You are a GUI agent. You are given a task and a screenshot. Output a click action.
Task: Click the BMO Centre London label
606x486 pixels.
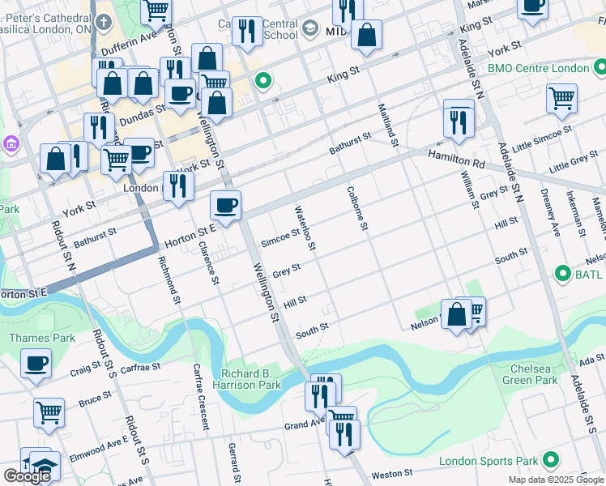pos(538,68)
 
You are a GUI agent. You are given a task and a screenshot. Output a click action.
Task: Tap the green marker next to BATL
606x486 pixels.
pos(563,275)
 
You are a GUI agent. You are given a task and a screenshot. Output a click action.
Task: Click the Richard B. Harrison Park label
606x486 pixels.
pos(251,378)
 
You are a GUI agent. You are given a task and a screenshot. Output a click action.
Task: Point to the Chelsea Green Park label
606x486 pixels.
pos(530,373)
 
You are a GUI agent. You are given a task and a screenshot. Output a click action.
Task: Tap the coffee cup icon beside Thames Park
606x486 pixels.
pos(36,363)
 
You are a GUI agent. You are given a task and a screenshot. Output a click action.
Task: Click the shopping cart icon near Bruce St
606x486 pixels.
pos(49,411)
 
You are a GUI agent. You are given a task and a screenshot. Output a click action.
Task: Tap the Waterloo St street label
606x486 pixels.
pos(309,226)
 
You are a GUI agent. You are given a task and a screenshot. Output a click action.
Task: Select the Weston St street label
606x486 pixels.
pos(392,473)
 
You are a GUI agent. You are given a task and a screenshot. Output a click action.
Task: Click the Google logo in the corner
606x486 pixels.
pos(27,476)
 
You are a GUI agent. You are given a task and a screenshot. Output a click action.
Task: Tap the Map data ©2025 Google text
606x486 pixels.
pos(555,480)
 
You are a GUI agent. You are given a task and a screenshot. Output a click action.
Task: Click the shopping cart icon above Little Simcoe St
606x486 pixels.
pos(561,98)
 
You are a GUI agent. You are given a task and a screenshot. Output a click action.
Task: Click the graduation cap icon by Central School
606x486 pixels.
pos(310,30)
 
